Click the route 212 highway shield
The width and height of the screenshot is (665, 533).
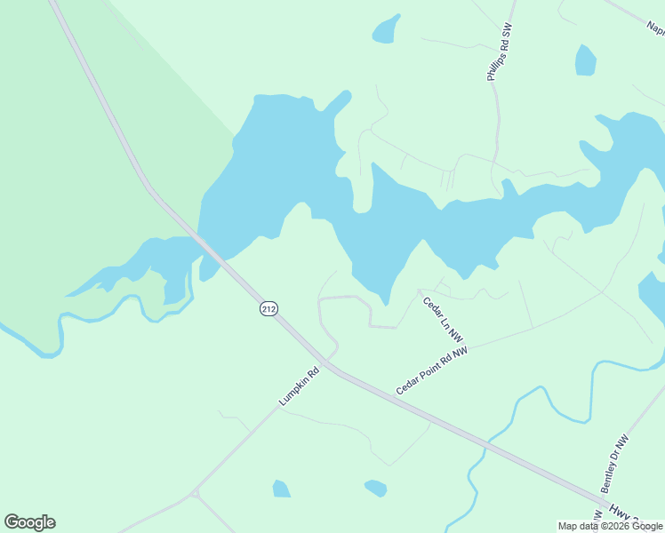[269, 308]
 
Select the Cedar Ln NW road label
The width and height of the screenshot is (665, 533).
[444, 320]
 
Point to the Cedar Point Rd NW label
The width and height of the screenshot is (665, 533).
[432, 371]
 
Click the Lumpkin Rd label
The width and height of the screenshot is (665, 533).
[299, 387]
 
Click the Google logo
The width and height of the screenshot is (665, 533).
[30, 522]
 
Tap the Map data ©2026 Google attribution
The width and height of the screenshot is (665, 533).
[610, 526]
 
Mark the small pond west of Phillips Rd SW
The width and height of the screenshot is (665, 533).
[385, 30]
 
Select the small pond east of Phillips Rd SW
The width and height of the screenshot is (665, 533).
[585, 60]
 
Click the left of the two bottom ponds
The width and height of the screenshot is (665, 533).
[281, 489]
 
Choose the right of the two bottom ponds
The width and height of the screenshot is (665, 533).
[376, 488]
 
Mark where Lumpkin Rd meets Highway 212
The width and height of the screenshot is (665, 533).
[330, 364]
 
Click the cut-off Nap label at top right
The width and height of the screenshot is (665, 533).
[653, 24]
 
